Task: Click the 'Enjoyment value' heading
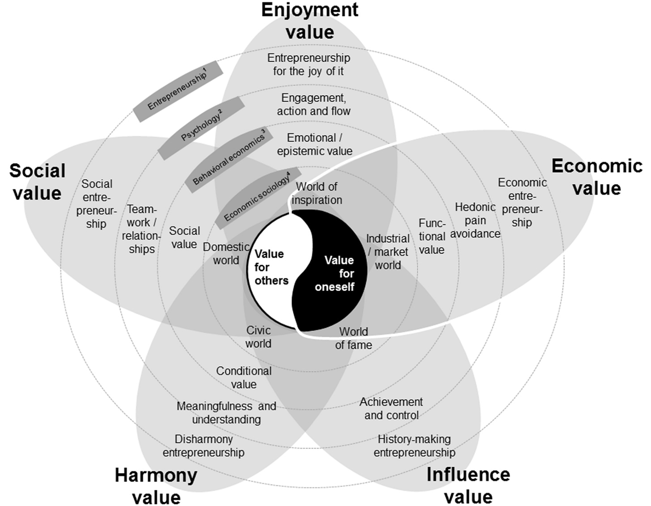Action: [309, 21]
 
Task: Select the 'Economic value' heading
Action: [596, 177]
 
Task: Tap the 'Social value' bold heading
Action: [38, 182]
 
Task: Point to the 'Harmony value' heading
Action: [156, 485]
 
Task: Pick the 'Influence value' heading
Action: [468, 485]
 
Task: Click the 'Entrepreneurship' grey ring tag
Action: [178, 85]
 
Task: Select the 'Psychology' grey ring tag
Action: [202, 127]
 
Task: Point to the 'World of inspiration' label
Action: [317, 193]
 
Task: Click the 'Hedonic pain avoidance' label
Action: [475, 220]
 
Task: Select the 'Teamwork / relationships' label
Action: [141, 229]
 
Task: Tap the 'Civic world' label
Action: [258, 337]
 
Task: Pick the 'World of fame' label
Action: [353, 338]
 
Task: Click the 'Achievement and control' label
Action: [391, 409]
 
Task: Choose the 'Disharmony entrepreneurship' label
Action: [203, 446]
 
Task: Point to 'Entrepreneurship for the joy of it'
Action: [309, 64]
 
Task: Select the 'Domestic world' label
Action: [226, 253]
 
